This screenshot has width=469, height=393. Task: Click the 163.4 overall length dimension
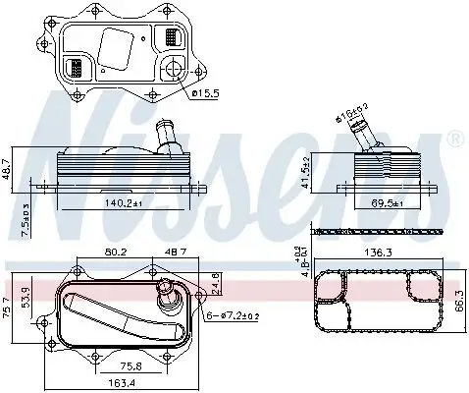click(123, 384)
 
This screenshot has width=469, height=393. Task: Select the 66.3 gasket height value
click(457, 306)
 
